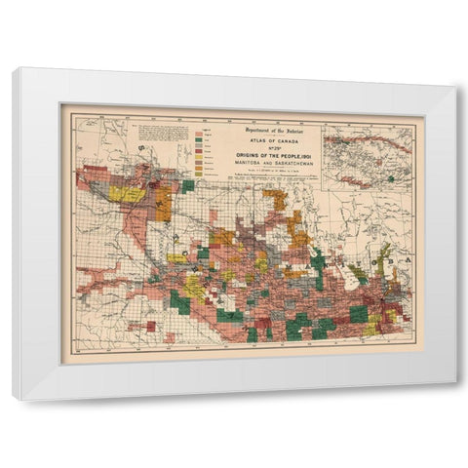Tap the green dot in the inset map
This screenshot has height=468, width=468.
tap(391, 178)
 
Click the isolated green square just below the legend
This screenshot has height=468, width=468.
tap(187, 185)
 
